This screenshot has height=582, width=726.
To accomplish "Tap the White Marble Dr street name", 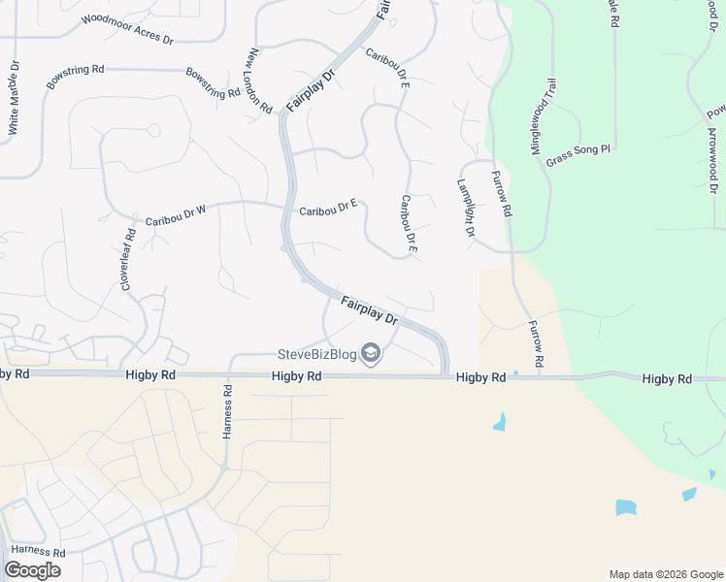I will click(14, 107).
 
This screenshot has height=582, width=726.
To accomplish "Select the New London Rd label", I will click(260, 81).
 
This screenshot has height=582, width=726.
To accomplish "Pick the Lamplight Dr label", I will click(465, 209).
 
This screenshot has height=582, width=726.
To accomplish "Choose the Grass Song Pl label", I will click(577, 155).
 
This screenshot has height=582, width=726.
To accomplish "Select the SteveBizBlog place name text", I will click(317, 354).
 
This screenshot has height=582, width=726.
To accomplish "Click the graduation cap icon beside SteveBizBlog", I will click(371, 355).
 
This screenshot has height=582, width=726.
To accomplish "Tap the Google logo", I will click(32, 570).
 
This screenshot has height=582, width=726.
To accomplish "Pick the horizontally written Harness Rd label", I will click(39, 552).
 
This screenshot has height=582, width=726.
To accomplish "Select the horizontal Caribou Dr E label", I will click(328, 208).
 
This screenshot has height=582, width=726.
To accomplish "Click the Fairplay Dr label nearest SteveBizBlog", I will click(370, 311).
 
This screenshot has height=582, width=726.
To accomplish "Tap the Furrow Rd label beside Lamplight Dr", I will click(501, 194).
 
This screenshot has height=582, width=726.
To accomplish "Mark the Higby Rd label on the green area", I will click(666, 378).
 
